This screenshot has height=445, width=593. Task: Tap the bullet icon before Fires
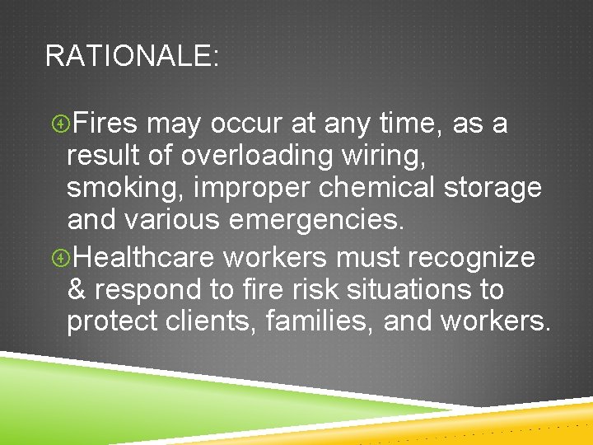pos(58,124)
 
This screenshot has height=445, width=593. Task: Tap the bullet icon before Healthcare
pos(58,258)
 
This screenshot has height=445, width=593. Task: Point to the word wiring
pos(388,157)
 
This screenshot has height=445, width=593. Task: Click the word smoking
pos(125,190)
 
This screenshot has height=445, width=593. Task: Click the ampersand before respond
pos(77,290)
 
